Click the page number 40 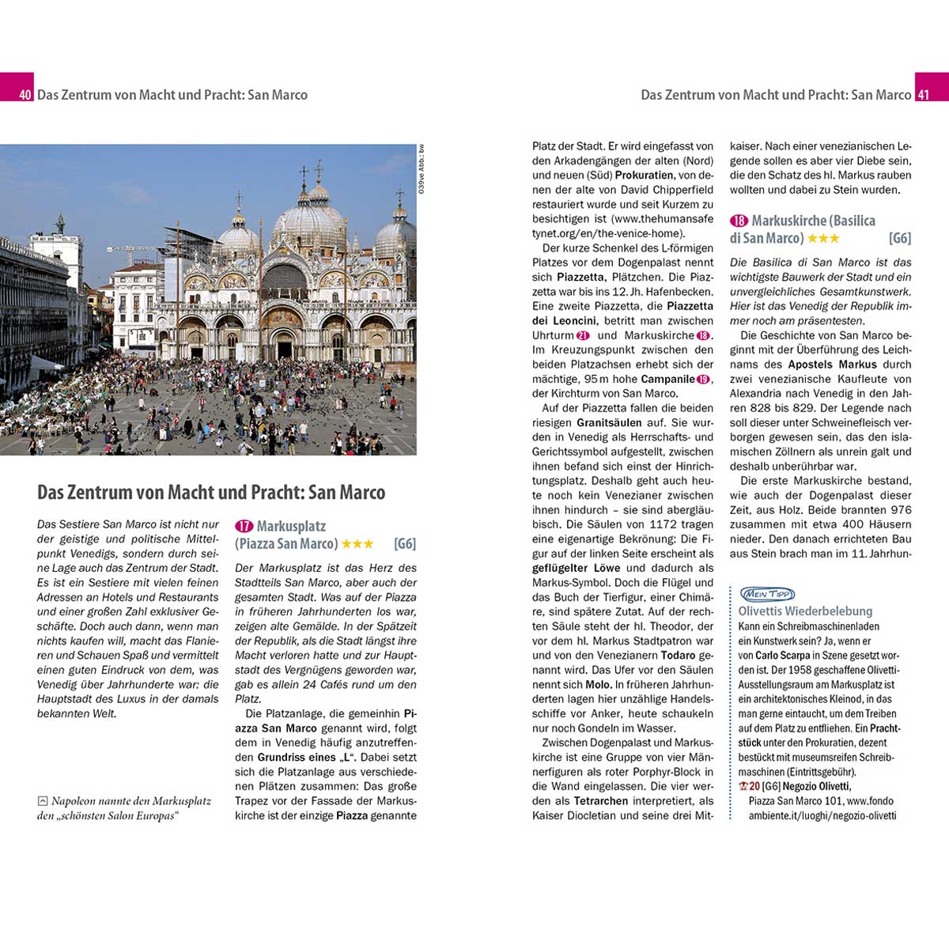pos(25,95)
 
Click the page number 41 pos(923,95)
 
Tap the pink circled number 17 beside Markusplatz pos(244,526)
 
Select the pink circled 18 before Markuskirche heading pos(739,221)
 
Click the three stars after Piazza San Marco pos(357,544)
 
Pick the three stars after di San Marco pos(823,238)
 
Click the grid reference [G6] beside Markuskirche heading pos(900,238)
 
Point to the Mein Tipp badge pos(766,594)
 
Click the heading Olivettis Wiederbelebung pos(805,611)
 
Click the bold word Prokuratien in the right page pos(645,175)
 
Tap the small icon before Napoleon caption pos(43,801)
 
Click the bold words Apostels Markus pos(832,365)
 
